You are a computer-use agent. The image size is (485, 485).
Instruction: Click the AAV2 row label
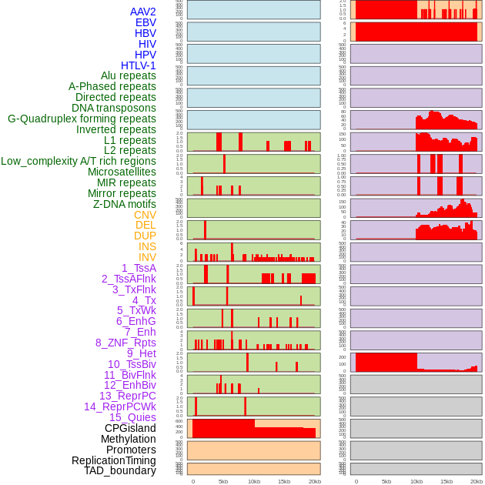click(143, 12)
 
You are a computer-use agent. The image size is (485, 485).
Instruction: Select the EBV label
click(145, 22)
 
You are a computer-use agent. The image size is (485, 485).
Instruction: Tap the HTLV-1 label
click(139, 65)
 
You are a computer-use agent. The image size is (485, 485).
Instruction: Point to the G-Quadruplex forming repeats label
click(82, 119)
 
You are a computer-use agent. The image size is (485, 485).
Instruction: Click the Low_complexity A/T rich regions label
click(79, 161)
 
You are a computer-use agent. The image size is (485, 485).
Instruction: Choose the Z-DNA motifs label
click(125, 204)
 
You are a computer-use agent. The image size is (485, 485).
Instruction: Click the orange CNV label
click(145, 215)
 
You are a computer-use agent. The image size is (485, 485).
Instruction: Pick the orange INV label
click(147, 257)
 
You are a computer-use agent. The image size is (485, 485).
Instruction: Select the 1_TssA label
click(139, 268)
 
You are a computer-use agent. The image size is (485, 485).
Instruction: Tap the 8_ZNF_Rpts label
click(125, 343)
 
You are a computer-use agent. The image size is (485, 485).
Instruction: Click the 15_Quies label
click(132, 417)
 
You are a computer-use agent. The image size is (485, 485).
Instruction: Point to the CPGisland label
click(130, 428)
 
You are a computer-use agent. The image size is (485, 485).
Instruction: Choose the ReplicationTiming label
click(114, 460)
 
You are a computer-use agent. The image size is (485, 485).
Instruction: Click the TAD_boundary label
click(120, 470)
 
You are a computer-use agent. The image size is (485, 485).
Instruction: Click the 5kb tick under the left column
click(223, 481)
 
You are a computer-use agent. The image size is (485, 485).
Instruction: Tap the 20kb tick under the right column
click(477, 481)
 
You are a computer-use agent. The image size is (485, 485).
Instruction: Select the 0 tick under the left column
click(193, 481)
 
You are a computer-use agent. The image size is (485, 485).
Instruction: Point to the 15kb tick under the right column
click(447, 481)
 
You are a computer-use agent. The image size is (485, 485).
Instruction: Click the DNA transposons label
click(114, 108)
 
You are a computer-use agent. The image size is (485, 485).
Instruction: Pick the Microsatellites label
click(122, 172)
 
